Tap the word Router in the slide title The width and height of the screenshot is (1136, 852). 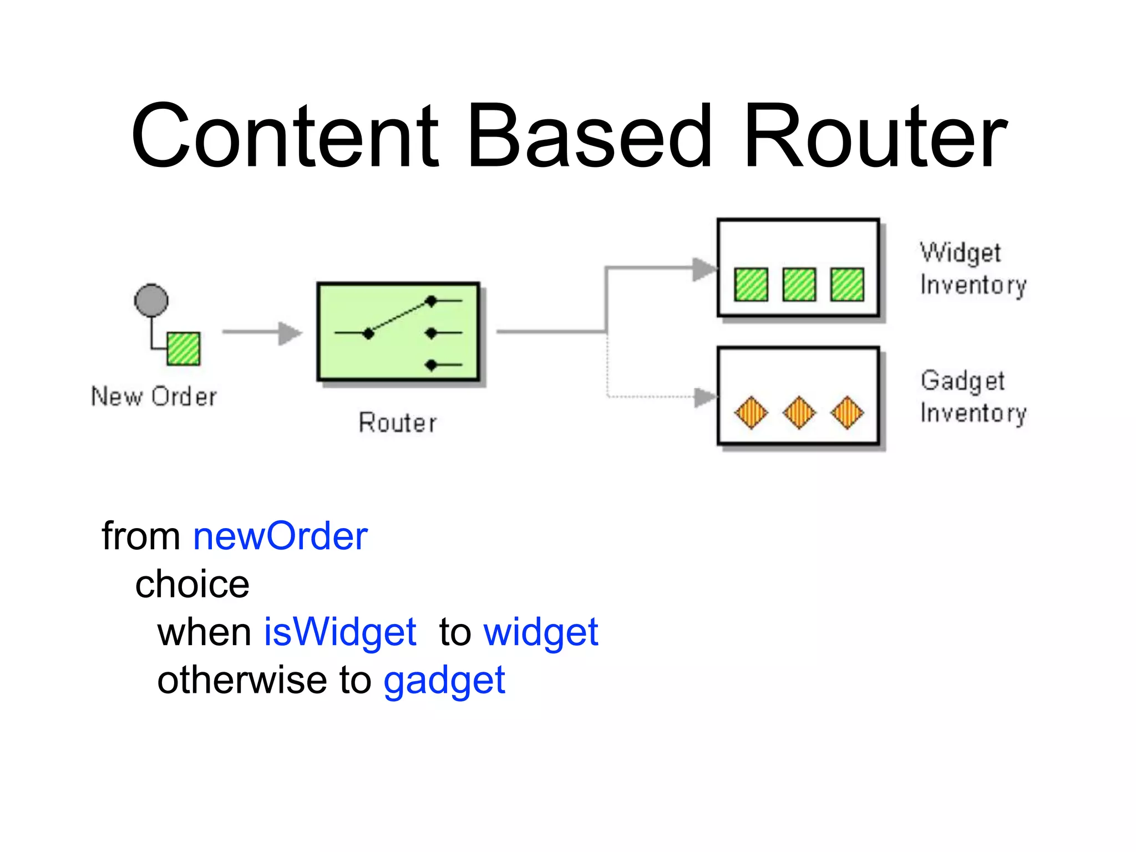[875, 136]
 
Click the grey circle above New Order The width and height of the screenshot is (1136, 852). [151, 301]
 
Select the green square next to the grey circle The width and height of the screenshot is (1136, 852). [184, 348]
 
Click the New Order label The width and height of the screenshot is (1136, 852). [154, 397]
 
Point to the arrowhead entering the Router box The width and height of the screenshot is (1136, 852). [290, 333]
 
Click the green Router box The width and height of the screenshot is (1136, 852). [398, 332]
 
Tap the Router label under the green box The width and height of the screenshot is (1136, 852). [398, 423]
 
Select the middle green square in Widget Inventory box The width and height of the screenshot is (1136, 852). [799, 285]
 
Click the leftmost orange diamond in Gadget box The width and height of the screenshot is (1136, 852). [751, 413]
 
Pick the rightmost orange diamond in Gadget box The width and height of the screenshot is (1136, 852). [847, 413]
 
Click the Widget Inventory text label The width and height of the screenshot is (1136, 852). [972, 269]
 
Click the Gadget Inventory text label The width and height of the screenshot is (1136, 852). [972, 397]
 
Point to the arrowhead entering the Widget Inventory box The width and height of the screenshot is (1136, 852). [704, 269]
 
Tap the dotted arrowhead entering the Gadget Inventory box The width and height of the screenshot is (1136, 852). [706, 397]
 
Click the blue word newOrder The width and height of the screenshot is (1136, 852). [280, 536]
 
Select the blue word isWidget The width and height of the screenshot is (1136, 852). [339, 632]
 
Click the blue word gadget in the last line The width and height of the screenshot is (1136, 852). [444, 681]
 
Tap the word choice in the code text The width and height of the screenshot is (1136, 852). [192, 584]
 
